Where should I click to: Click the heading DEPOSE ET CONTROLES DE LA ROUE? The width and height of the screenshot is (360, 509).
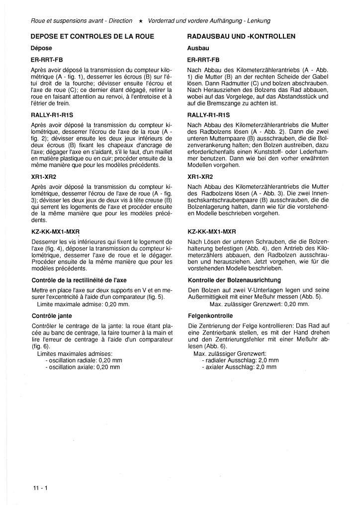92,37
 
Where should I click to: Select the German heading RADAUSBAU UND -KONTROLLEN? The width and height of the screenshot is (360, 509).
241,37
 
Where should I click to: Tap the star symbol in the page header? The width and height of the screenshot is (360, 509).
141,21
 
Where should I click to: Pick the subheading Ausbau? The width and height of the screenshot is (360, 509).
198,49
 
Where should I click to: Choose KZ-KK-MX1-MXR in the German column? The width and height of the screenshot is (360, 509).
212,231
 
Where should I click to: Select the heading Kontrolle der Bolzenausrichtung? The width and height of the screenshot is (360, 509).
234,280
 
